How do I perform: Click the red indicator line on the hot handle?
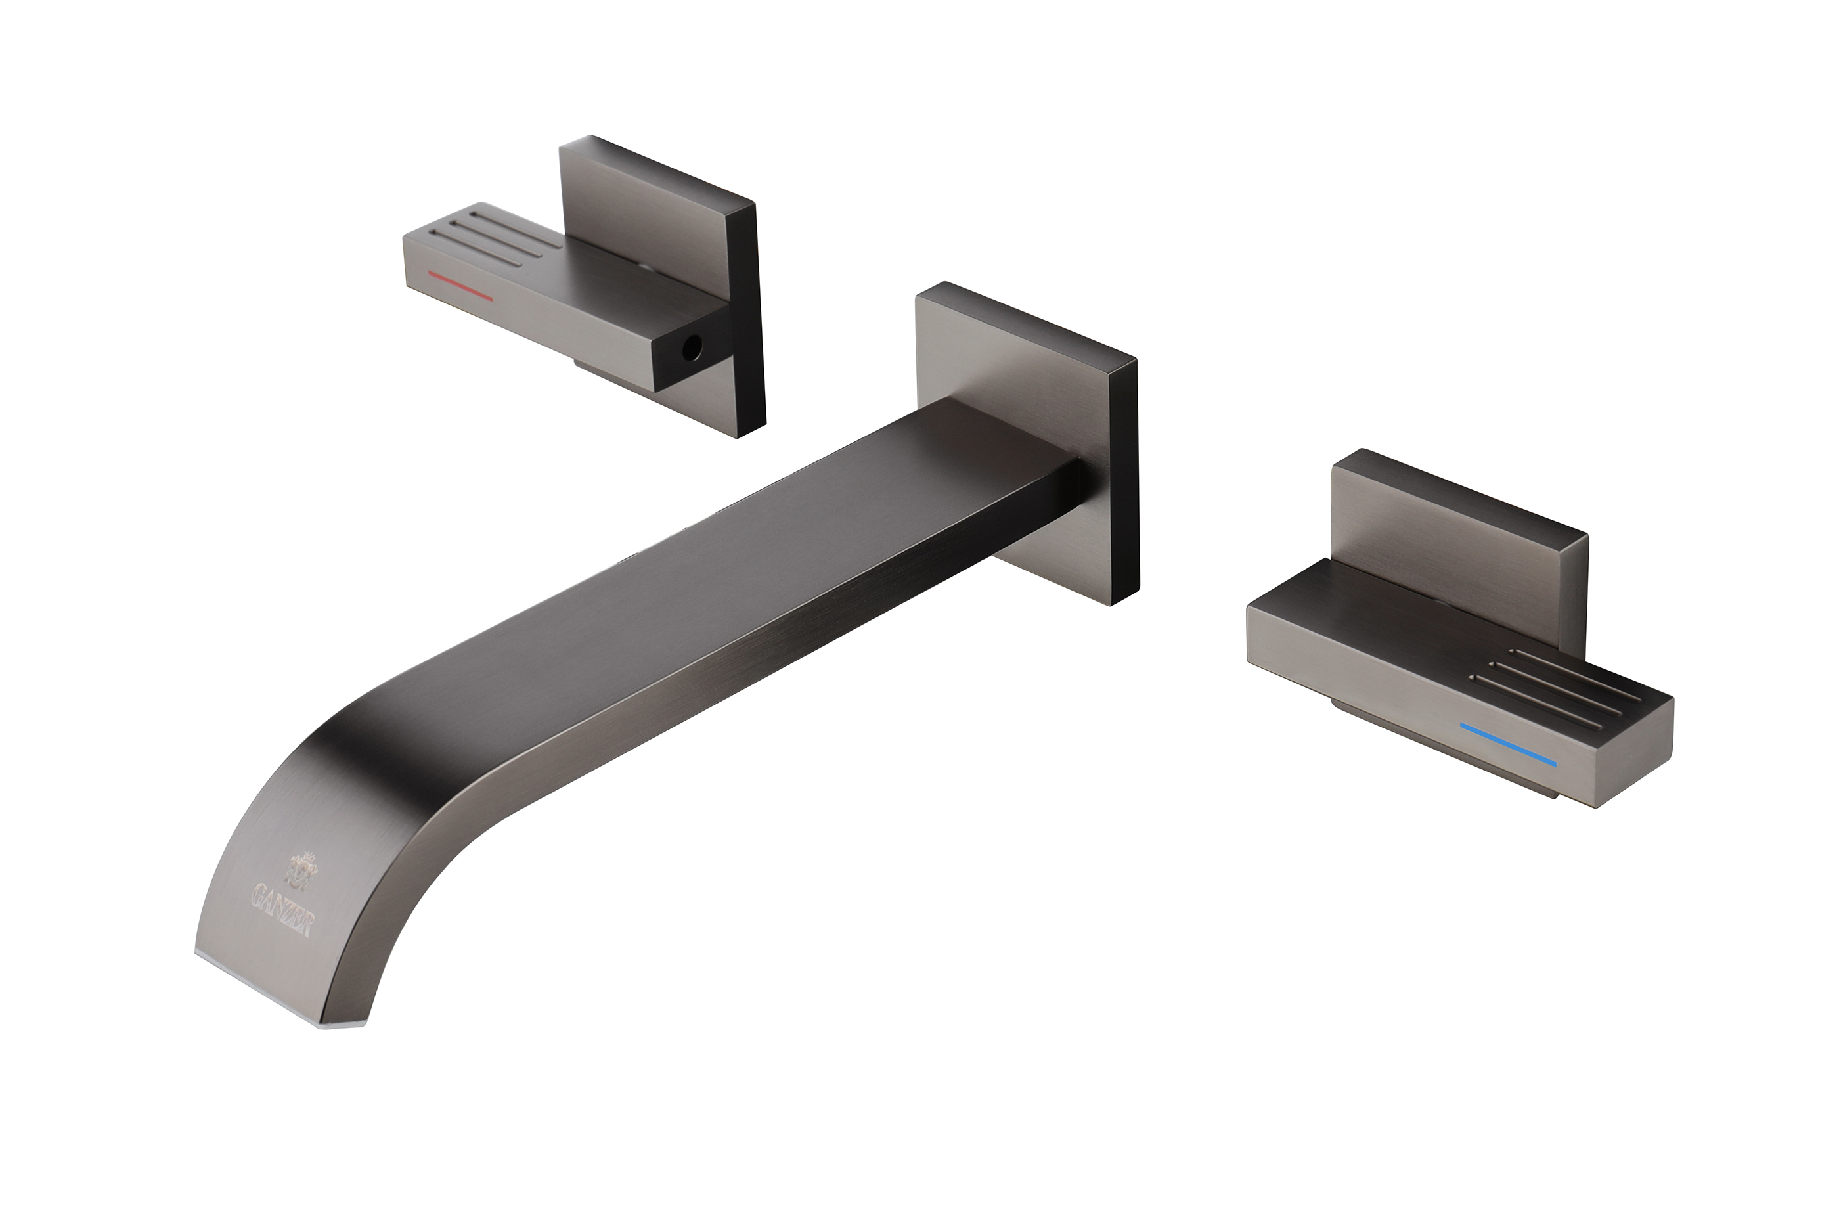coord(460,286)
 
